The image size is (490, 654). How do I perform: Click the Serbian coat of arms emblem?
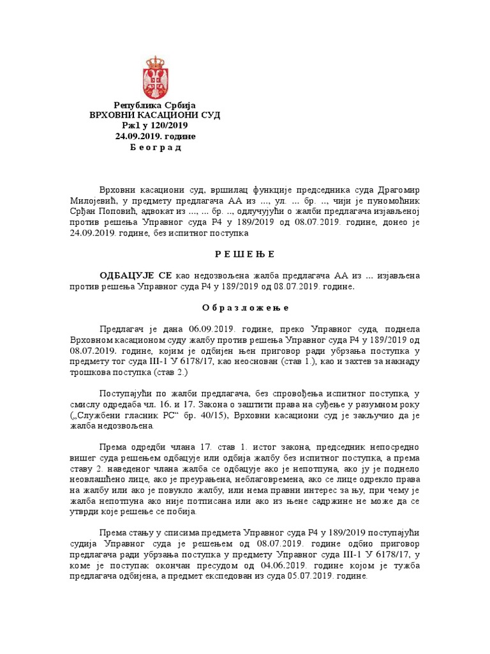(155, 77)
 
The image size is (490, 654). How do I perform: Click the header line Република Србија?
(155, 105)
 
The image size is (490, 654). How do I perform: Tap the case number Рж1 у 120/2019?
(155, 126)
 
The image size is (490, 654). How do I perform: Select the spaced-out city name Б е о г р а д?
(155, 148)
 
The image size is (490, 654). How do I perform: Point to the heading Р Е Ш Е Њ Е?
(245, 254)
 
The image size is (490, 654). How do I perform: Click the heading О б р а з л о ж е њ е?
(245, 307)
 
